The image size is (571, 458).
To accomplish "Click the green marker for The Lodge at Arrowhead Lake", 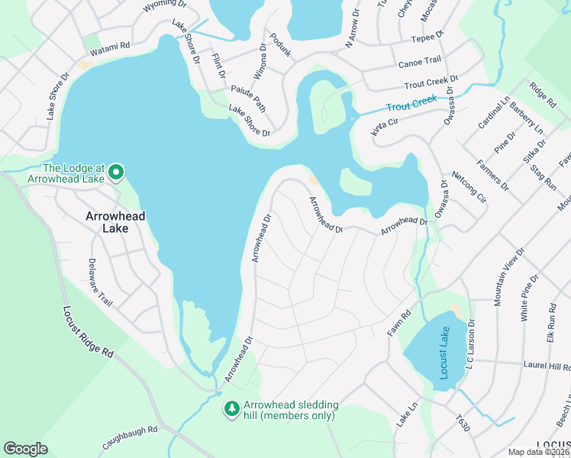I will point(116,173).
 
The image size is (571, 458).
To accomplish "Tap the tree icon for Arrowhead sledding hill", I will point(231,410).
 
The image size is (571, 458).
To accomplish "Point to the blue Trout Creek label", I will point(411,103).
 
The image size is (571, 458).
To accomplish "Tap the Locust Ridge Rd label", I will point(88,333).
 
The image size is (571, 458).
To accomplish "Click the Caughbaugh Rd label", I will point(129,437).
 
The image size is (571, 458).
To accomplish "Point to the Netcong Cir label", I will point(468,187).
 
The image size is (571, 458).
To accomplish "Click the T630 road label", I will point(461,424).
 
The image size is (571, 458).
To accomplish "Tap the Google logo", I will point(25,448).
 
